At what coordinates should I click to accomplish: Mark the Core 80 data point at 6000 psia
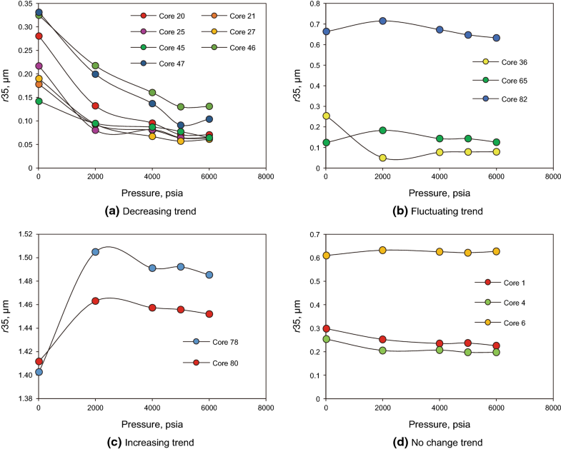click(x=209, y=314)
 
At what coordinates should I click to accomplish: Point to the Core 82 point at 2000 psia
click(x=382, y=21)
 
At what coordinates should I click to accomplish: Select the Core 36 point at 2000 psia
click(x=382, y=158)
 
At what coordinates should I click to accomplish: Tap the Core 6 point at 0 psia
click(x=326, y=256)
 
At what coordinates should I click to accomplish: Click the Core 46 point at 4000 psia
click(x=152, y=93)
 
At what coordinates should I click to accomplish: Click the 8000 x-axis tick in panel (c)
click(x=265, y=408)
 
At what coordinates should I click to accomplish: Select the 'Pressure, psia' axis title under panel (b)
click(x=438, y=193)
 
